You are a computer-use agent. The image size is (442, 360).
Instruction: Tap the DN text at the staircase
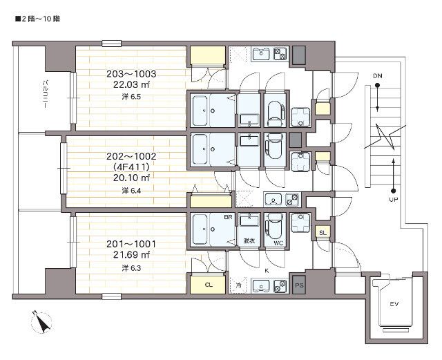pos(377,75)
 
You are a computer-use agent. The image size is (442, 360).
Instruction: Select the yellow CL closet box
pos(208,284)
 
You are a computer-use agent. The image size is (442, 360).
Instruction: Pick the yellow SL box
pos(323,233)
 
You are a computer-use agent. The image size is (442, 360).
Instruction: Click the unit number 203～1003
pos(131,74)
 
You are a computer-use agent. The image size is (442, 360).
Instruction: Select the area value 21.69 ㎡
pos(131,256)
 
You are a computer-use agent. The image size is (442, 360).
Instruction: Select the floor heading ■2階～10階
pos(37,19)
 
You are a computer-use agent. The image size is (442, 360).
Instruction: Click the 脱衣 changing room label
pos(248,242)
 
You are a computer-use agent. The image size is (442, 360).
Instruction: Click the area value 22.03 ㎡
pos(131,84)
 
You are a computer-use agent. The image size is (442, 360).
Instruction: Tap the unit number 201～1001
pos(131,244)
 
